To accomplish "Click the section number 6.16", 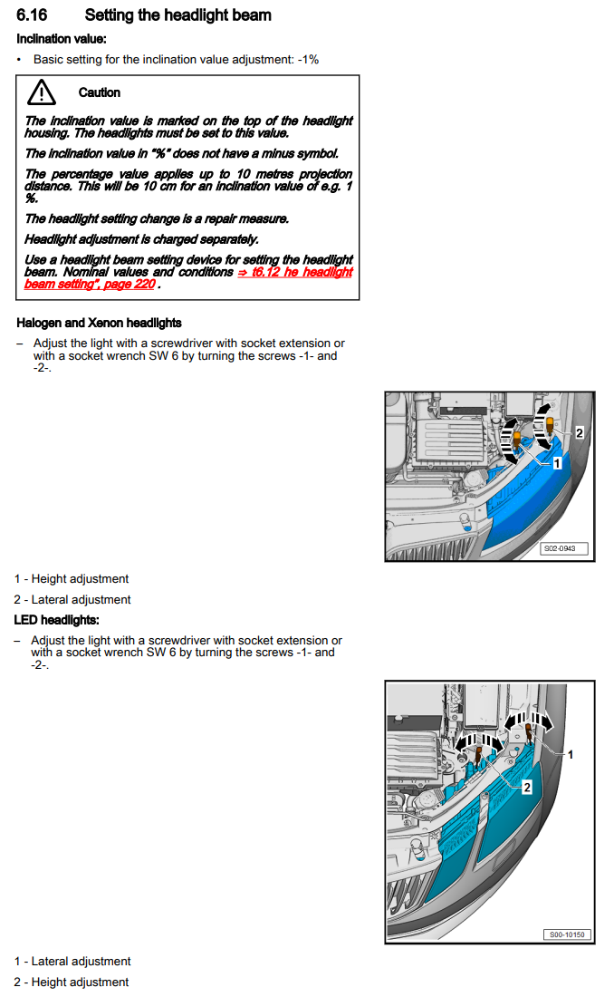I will click(x=32, y=15).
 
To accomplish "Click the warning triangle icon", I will click(x=41, y=92).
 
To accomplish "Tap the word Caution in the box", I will click(x=99, y=92).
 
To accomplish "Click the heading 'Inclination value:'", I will click(x=61, y=39).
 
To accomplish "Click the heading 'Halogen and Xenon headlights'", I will click(x=99, y=323).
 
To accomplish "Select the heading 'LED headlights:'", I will click(x=56, y=620).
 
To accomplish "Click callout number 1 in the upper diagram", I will click(x=558, y=462).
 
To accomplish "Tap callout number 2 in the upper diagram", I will click(x=580, y=433).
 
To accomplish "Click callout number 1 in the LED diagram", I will click(x=570, y=753).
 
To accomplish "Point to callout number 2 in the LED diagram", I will click(x=526, y=788).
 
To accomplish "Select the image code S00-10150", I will click(x=565, y=934).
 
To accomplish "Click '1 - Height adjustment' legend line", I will click(x=72, y=579).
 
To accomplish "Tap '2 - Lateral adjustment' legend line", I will click(x=72, y=600).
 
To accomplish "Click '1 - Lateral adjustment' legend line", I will click(x=72, y=962).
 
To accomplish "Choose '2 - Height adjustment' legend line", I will click(x=72, y=982).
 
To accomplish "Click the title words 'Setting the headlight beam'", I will click(x=177, y=15).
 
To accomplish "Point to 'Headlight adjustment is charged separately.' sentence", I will click(x=141, y=239).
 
